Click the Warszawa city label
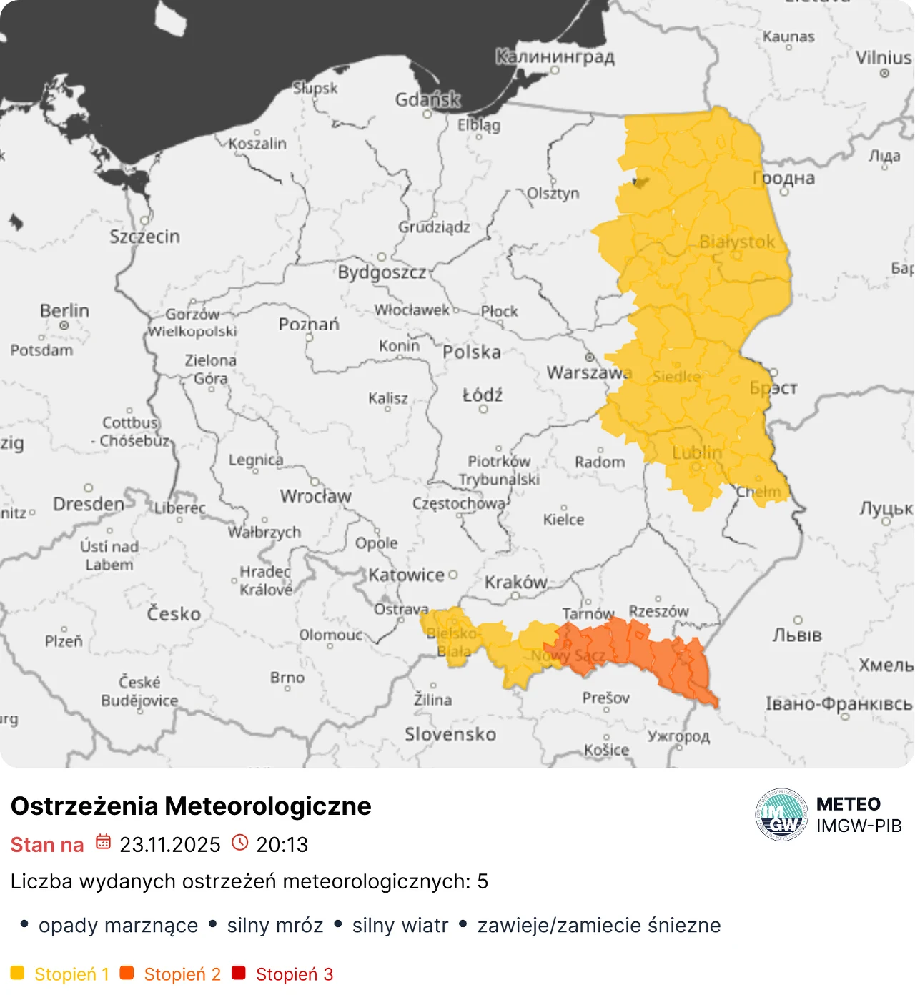pyautogui.click(x=588, y=372)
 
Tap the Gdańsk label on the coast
pyautogui.click(x=427, y=99)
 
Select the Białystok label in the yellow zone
pyautogui.click(x=736, y=242)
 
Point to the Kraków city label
pyautogui.click(x=515, y=582)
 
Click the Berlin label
pyautogui.click(x=64, y=311)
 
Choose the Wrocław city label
pyautogui.click(x=315, y=496)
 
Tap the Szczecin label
pyautogui.click(x=144, y=237)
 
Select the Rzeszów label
pyautogui.click(x=658, y=611)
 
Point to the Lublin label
pyautogui.click(x=696, y=452)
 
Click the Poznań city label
pyautogui.click(x=309, y=325)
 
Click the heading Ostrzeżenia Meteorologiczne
pyautogui.click(x=191, y=806)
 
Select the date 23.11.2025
pyautogui.click(x=170, y=844)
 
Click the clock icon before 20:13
pyautogui.click(x=240, y=843)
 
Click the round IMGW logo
pyautogui.click(x=781, y=815)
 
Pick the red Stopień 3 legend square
pyautogui.click(x=239, y=973)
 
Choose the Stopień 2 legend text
pyautogui.click(x=182, y=974)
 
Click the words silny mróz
pyautogui.click(x=275, y=925)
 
